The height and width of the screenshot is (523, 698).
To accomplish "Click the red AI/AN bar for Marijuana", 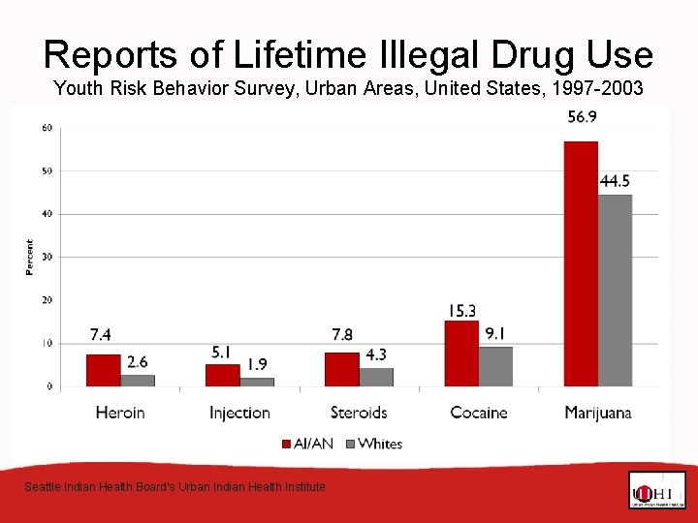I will click(x=581, y=263).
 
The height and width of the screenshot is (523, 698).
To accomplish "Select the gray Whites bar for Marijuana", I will click(x=615, y=291).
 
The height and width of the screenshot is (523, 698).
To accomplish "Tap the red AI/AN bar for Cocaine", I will click(x=461, y=354).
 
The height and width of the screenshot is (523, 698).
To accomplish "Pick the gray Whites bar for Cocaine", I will click(x=495, y=367).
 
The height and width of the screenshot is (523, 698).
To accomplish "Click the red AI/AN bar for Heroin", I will click(x=103, y=370).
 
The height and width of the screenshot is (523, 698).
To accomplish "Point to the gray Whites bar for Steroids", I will click(x=376, y=377).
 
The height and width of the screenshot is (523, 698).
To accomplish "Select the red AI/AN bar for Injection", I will click(x=222, y=375).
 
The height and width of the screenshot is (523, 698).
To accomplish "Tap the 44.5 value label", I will click(x=616, y=181).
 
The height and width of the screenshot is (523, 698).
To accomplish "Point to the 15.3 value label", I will click(x=461, y=310).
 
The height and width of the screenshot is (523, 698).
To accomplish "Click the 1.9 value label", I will click(x=257, y=364).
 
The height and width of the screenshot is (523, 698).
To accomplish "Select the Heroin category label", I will click(x=120, y=413).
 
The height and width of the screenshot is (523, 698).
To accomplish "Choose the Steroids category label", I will click(x=359, y=413).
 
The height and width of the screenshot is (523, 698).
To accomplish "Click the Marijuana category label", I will click(x=598, y=413).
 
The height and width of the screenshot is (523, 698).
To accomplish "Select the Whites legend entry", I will click(x=372, y=444).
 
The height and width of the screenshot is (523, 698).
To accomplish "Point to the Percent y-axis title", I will click(x=29, y=257).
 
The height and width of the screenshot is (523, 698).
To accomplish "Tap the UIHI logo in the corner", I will click(x=656, y=491).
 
